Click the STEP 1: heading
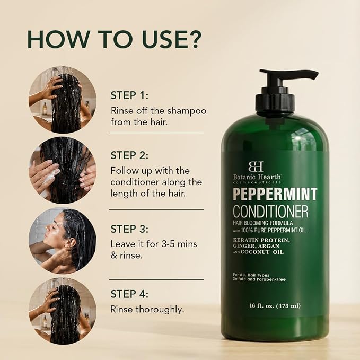[x=129, y=95]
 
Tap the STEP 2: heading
[x=129, y=155]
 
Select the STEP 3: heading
[x=129, y=229]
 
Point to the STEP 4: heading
[x=129, y=294]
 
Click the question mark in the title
[x=195, y=39]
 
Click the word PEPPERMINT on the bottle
[x=275, y=194]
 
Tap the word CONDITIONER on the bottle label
[x=271, y=211]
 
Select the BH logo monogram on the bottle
[x=256, y=166]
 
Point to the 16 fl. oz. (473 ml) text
[x=275, y=306]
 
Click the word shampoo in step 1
[x=187, y=111]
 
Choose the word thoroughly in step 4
[x=160, y=310]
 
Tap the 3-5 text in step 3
[x=168, y=244]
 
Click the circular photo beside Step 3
[x=63, y=241]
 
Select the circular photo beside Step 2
[x=63, y=170]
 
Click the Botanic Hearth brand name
[x=257, y=177]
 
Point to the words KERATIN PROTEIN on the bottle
[x=261, y=240]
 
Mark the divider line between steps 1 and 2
[x=156, y=133]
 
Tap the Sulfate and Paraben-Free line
[x=259, y=279]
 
